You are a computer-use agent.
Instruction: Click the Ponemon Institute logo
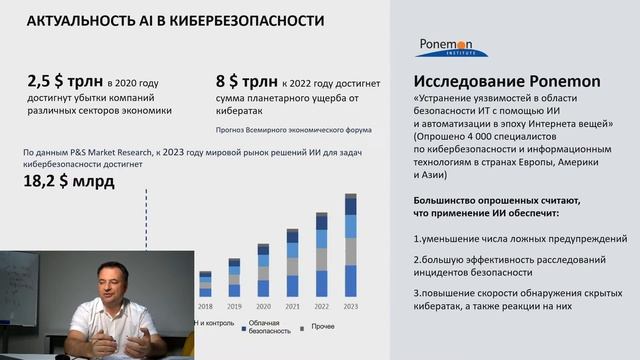pyautogui.click(x=452, y=47)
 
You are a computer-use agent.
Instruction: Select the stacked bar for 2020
pyautogui.click(x=263, y=274)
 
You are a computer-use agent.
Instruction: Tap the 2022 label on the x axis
pyautogui.click(x=321, y=307)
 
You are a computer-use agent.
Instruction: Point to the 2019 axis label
pyautogui.click(x=234, y=307)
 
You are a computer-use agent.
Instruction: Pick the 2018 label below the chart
pyautogui.click(x=205, y=307)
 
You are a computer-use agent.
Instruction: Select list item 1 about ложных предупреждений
pyautogui.click(x=520, y=239)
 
